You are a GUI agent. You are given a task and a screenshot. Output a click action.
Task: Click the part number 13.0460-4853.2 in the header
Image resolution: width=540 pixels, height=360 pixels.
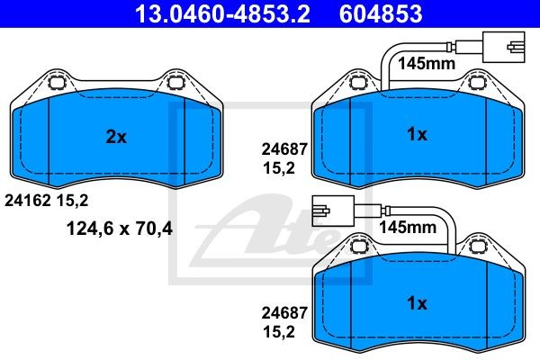223,13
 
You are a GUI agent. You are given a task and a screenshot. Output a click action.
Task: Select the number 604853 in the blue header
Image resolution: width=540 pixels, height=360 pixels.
381,13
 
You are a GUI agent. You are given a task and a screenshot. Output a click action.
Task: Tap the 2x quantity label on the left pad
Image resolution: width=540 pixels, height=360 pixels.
116,137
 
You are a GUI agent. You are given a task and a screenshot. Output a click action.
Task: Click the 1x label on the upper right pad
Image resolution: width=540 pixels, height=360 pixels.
417,134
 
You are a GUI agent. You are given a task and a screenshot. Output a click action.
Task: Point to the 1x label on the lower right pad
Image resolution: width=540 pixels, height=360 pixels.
417,302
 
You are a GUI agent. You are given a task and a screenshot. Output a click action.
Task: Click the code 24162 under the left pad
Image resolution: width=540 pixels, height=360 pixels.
28,200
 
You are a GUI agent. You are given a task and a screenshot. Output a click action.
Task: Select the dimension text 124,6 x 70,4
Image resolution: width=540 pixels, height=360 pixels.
119,228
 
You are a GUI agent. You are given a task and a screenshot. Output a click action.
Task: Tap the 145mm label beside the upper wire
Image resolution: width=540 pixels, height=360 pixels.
427,63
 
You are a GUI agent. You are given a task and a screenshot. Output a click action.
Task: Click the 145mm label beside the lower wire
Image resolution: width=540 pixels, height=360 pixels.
408,227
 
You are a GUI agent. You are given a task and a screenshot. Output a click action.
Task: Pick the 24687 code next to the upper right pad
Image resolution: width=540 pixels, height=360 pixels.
284,149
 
